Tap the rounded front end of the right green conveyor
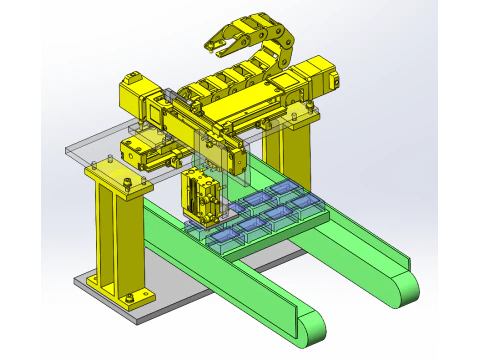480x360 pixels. [405, 287]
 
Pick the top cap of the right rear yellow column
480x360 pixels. [298, 119]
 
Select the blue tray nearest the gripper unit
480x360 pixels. [228, 235]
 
